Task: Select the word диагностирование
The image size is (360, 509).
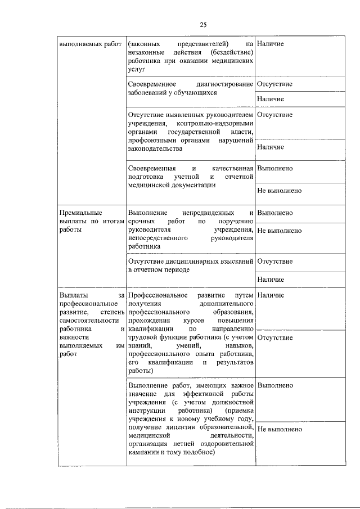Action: pyautogui.click(x=222, y=84)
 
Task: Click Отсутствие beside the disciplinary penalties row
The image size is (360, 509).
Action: pyautogui.click(x=274, y=262)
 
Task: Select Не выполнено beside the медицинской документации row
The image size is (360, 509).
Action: pyautogui.click(x=279, y=191)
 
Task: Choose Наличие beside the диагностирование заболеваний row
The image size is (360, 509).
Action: pyautogui.click(x=270, y=99)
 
